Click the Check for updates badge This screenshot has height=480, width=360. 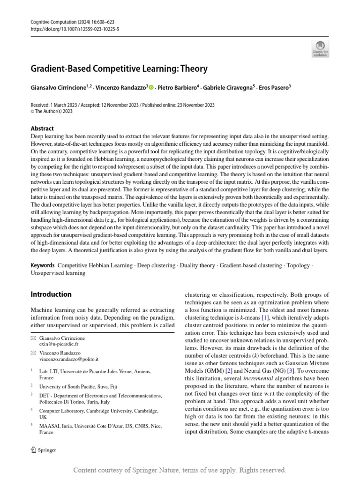[x=321, y=49]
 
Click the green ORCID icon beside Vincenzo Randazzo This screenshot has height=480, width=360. [x=151, y=87]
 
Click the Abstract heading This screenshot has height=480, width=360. [x=42, y=128]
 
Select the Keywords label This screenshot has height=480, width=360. [x=42, y=265]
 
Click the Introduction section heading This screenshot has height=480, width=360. [x=51, y=294]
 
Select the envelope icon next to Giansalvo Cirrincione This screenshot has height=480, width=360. [x=33, y=338]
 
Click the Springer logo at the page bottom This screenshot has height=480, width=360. [x=43, y=450]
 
